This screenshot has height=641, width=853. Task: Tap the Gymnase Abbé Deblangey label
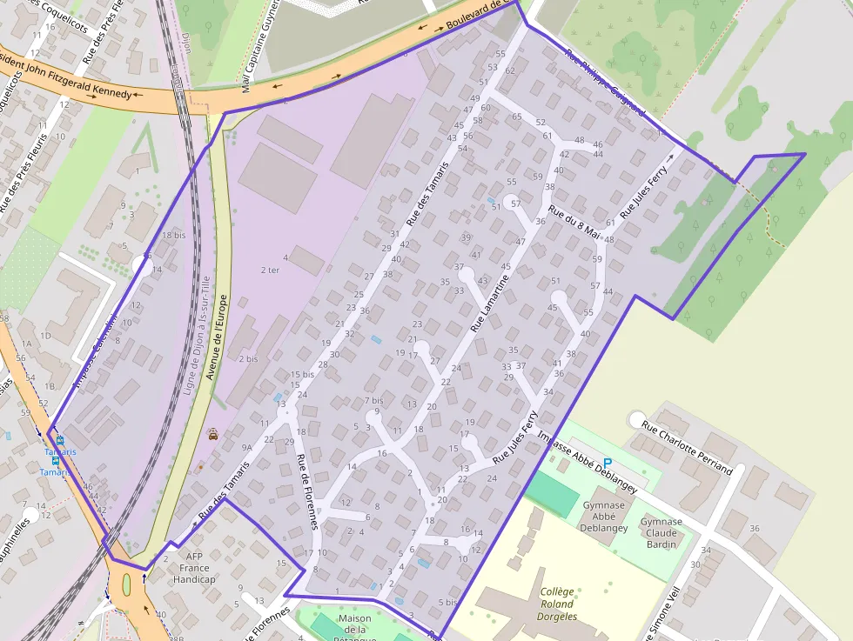click(604, 516)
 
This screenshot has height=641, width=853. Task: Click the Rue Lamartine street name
click(489, 300)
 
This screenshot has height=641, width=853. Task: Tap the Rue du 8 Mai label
click(574, 222)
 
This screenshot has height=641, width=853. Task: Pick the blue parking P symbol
click(608, 463)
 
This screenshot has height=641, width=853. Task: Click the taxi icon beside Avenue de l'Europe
click(213, 432)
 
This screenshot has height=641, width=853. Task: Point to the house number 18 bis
click(174, 236)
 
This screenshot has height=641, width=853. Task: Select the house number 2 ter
click(270, 270)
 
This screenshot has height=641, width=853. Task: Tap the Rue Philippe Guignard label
click(604, 83)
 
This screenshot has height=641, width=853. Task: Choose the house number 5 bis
click(447, 602)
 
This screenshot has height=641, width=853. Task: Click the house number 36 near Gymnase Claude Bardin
click(754, 529)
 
